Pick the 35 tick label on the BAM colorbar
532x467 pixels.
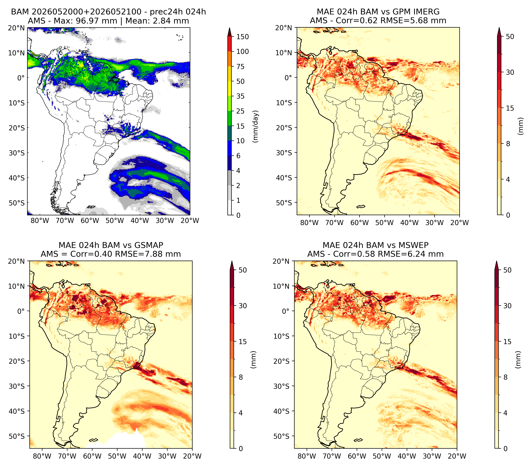(240, 96)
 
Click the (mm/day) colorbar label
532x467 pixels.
(256, 126)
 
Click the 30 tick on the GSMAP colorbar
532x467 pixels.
(243, 306)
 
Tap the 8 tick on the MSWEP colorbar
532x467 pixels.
(506, 377)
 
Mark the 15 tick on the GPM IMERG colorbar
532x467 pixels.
(510, 108)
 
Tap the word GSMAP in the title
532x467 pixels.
(149, 245)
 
